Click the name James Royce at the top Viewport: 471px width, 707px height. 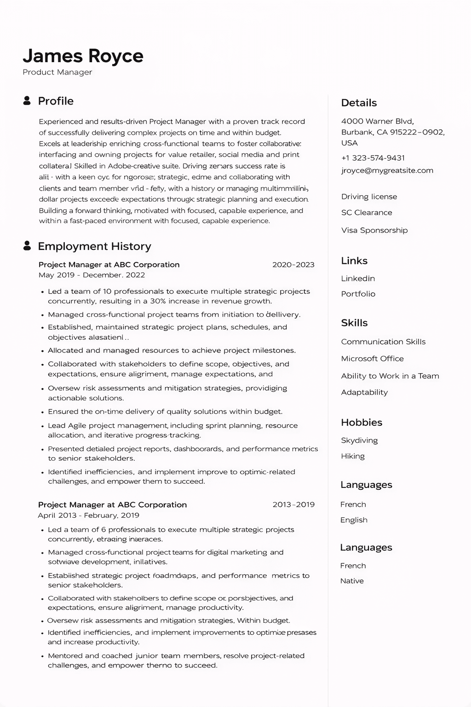click(x=83, y=56)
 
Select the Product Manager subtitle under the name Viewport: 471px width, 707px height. click(x=57, y=72)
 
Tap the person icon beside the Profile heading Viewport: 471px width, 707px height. click(x=27, y=101)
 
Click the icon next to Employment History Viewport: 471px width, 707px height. click(x=27, y=246)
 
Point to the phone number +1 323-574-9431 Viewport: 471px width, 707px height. click(x=373, y=158)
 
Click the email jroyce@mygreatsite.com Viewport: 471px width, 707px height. click(x=387, y=170)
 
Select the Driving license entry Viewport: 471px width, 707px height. click(x=369, y=197)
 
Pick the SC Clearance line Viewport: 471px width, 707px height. click(x=367, y=213)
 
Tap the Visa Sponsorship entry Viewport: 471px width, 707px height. click(x=374, y=230)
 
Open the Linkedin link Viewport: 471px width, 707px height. click(x=358, y=278)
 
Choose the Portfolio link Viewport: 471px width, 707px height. click(x=358, y=294)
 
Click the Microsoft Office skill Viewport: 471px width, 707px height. click(x=373, y=359)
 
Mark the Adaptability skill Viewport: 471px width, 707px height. click(x=364, y=392)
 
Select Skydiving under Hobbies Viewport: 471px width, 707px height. click(x=359, y=440)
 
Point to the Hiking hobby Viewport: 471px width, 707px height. click(x=353, y=456)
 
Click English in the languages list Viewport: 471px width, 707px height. click(x=354, y=520)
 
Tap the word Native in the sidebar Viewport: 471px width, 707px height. click(x=352, y=581)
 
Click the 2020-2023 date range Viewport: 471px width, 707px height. click(x=293, y=265)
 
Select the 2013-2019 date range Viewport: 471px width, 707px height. click(x=293, y=504)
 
